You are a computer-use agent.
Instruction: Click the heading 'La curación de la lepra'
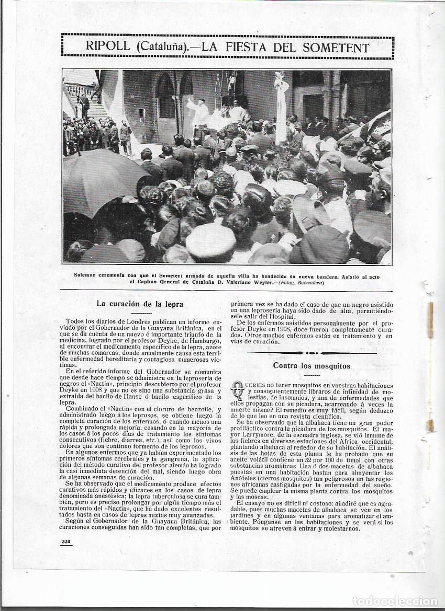pos(140,304)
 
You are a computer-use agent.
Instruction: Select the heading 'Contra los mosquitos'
pos(311,365)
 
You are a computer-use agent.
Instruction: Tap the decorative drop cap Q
pos(237,390)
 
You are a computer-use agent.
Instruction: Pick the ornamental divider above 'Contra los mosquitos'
pos(311,353)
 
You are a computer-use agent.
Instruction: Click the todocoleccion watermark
pos(396,601)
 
